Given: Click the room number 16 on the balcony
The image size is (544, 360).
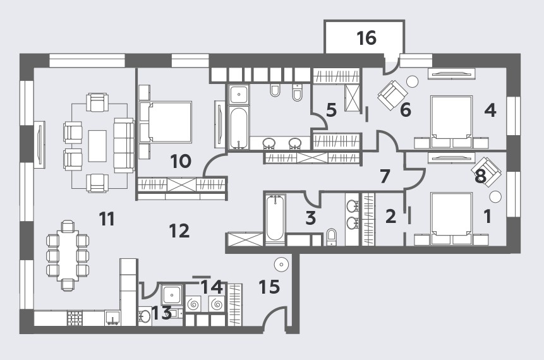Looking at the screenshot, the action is [366, 38].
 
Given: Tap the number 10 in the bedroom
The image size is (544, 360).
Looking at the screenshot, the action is [181, 161].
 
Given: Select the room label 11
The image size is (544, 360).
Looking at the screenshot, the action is [107, 219].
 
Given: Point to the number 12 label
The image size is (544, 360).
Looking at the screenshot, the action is [179, 231].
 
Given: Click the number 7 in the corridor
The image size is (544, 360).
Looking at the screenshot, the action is [385, 176].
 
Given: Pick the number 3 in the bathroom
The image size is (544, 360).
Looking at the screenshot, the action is [310, 218].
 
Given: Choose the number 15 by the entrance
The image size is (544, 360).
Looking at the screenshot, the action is [269, 287].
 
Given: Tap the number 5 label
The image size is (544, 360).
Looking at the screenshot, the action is [331, 110].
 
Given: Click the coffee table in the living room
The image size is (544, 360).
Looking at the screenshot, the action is [97, 146].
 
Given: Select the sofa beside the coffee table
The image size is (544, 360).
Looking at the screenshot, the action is [124, 145].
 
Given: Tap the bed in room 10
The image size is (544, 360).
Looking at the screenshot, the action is [166, 122].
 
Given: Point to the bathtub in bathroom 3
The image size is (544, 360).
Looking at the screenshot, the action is [275, 218].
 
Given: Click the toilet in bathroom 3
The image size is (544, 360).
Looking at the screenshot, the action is [332, 237].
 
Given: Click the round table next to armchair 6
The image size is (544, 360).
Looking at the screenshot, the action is [413, 81].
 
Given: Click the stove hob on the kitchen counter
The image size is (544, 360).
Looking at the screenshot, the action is [75, 318].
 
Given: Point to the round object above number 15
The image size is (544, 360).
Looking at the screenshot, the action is [281, 265].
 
